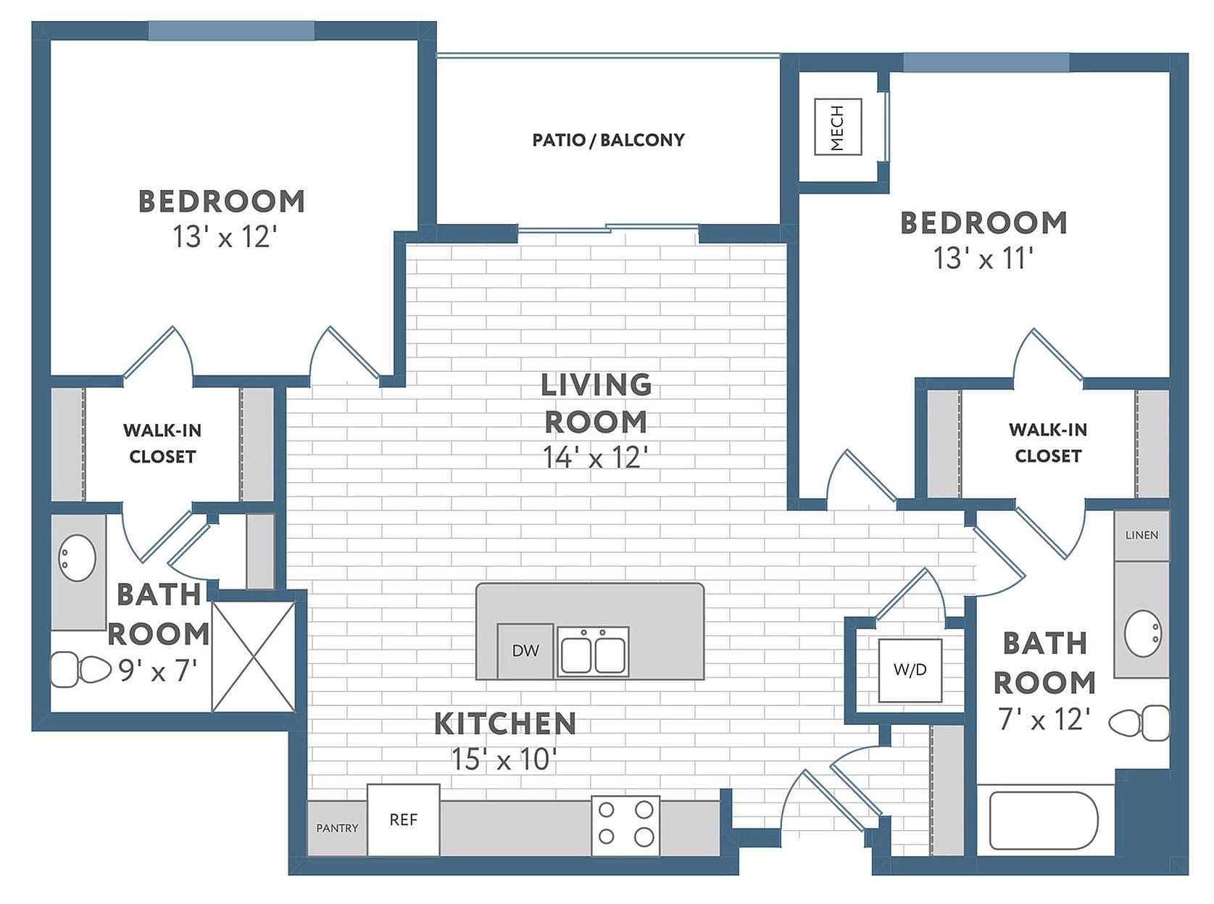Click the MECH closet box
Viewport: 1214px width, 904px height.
tap(837, 127)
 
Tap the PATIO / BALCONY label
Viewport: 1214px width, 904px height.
tap(608, 140)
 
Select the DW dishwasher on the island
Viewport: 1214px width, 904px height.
tap(525, 650)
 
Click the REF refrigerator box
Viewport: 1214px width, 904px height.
tap(403, 819)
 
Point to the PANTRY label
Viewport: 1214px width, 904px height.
tap(337, 828)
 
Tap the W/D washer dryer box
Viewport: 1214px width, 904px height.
tap(910, 670)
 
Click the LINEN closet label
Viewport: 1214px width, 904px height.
tap(1142, 535)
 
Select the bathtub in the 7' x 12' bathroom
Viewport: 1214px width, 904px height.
tap(1044, 820)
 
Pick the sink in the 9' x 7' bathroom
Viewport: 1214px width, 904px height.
tap(77, 557)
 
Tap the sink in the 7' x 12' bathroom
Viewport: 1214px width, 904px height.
tap(1143, 634)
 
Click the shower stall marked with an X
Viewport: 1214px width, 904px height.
tap(254, 656)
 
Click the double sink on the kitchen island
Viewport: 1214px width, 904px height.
tap(593, 652)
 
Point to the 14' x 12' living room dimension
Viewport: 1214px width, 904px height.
tap(594, 457)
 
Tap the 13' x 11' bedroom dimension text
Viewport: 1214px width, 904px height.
tap(983, 259)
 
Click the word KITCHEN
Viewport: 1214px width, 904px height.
tap(505, 723)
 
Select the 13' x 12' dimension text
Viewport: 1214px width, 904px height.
tap(225, 237)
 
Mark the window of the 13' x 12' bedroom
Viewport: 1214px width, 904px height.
tap(231, 30)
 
